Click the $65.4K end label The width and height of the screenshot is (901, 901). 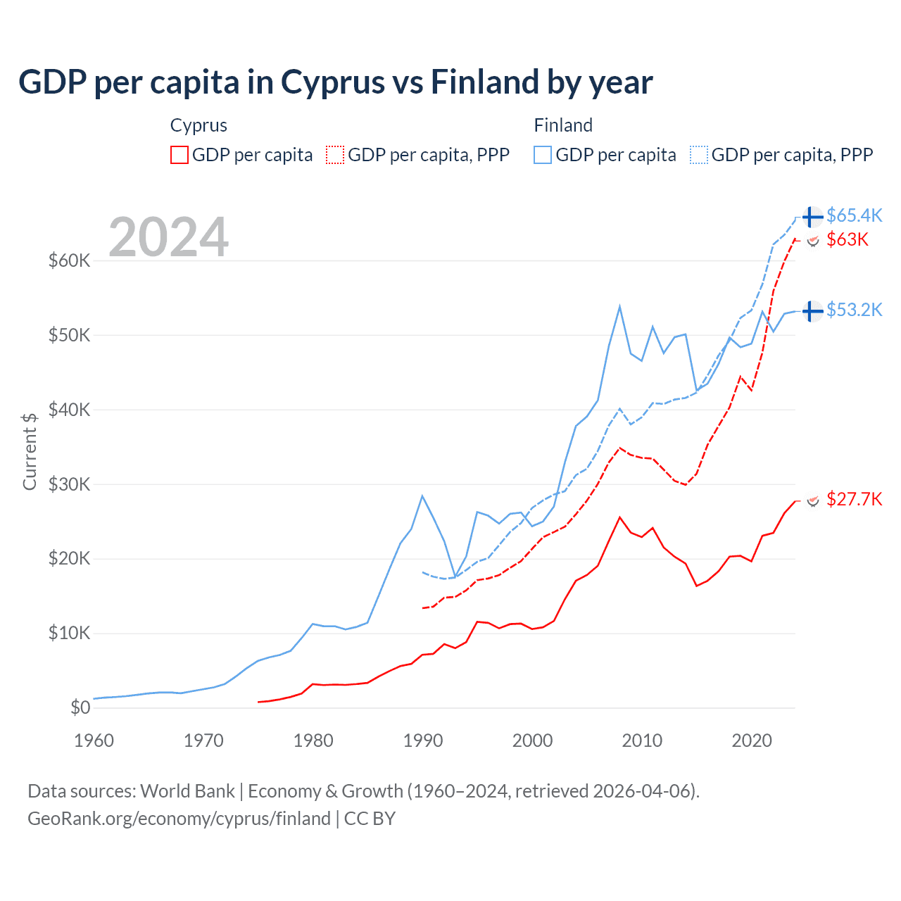pos(854,215)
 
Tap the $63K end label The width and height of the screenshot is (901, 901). pos(848,240)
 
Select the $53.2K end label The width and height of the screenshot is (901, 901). pos(854,310)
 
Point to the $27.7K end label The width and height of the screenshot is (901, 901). pos(854,500)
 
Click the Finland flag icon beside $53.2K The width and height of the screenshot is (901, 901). pos(812,310)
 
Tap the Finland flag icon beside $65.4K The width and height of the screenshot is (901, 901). pos(812,217)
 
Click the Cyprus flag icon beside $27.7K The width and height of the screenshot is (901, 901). pos(812,500)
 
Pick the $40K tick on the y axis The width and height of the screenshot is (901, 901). pos(69,410)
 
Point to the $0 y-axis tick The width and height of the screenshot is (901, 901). pos(80,707)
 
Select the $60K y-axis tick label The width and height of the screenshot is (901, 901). pos(69,260)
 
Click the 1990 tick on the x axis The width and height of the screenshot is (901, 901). pos(423,741)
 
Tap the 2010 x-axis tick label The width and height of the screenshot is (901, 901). pos(642,741)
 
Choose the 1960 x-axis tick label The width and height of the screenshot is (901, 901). pos(94,741)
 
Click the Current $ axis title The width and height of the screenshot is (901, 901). pos(30,451)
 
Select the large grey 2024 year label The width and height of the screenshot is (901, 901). pos(168,237)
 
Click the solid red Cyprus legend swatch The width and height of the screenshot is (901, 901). pos(179,155)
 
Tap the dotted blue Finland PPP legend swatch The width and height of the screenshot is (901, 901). pos(699,155)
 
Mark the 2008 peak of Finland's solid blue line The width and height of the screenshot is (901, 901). pos(619,306)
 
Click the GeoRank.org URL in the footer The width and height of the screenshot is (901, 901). pos(179,819)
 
